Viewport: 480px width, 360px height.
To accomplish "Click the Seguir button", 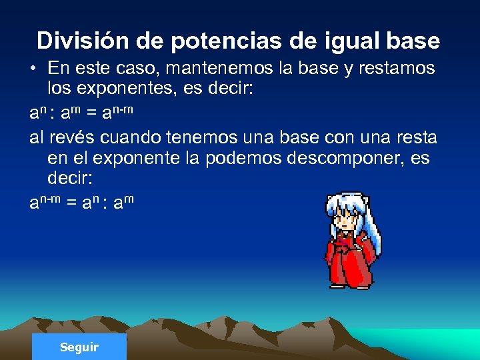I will [79, 347].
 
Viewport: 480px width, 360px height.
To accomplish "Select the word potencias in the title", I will [227, 41].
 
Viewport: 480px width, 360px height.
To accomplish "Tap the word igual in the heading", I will [344, 41].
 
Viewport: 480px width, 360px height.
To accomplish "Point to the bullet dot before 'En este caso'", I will [34, 69].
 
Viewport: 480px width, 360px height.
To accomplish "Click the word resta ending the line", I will [411, 137].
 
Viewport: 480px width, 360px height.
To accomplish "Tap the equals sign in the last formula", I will [69, 202].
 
